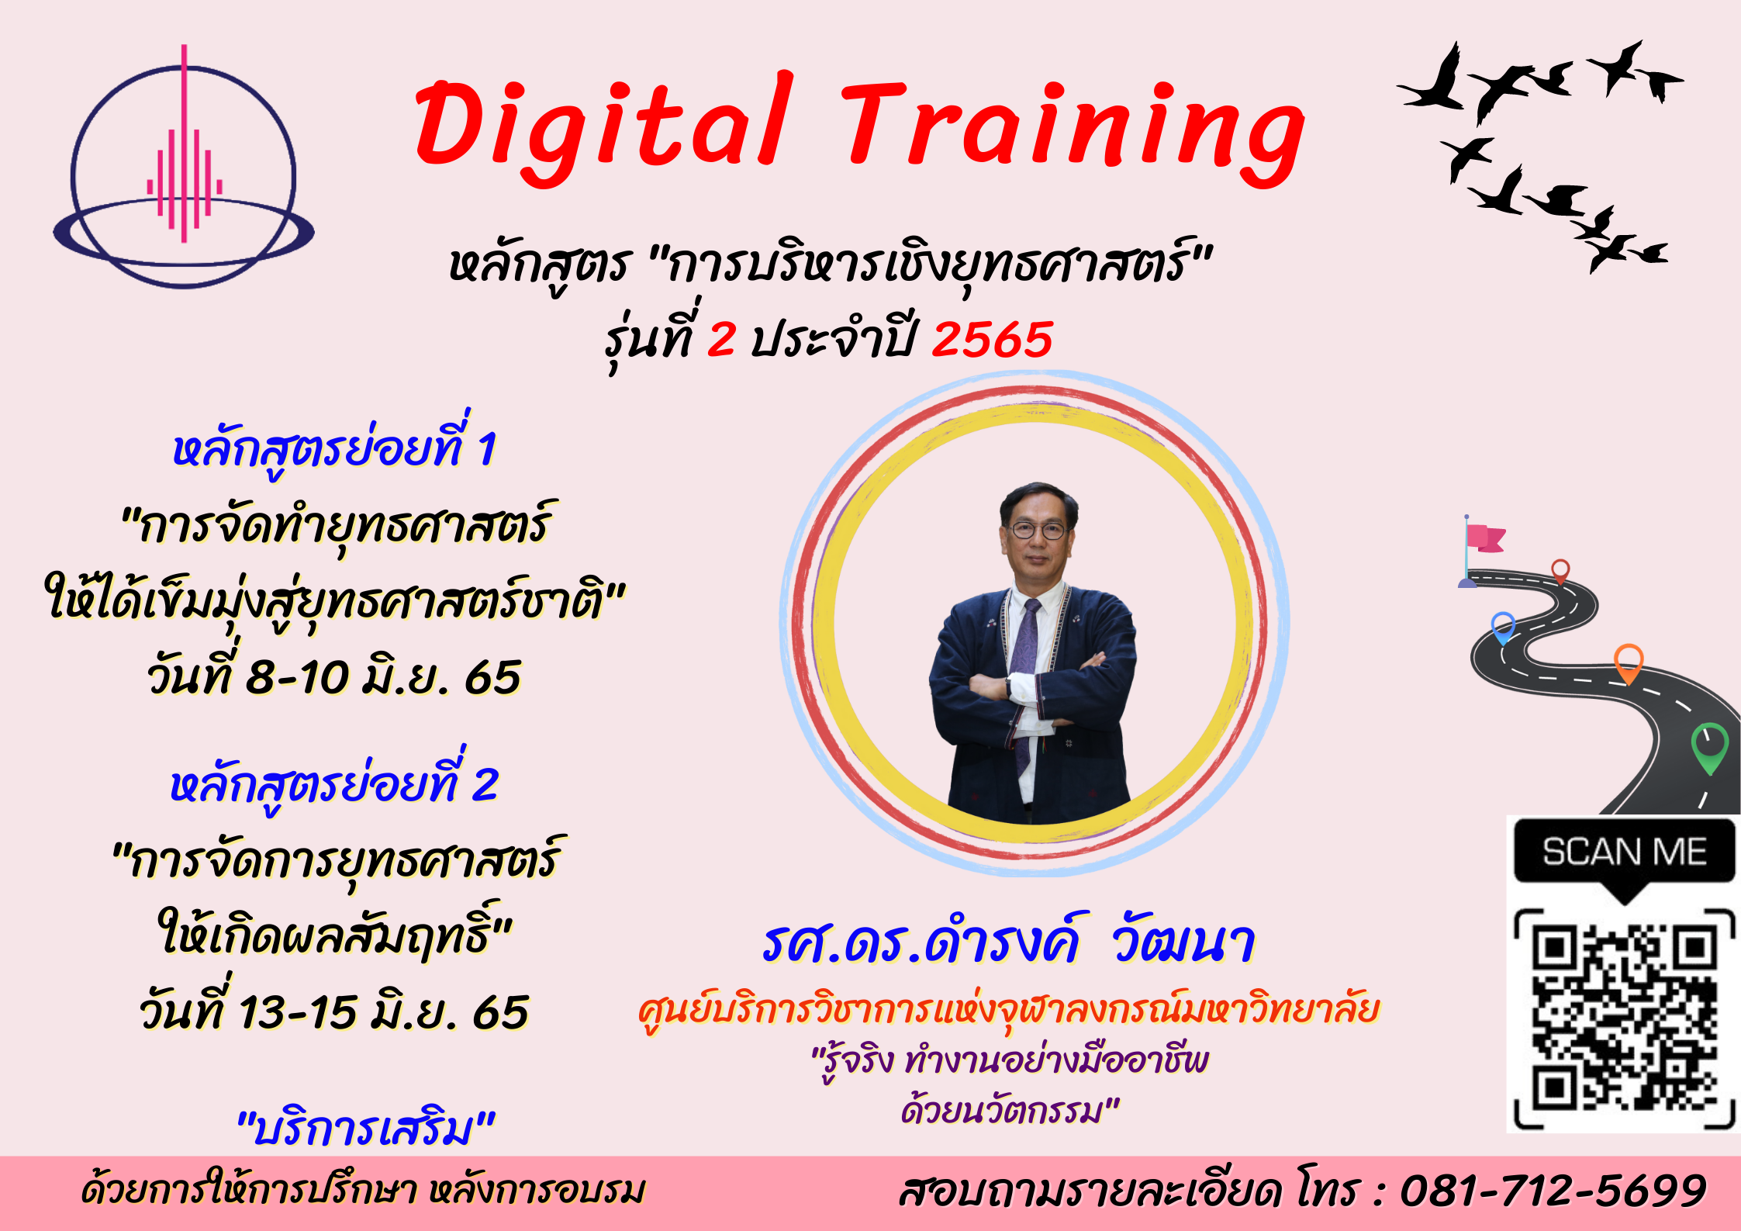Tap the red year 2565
tap(992, 340)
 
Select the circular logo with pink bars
tap(184, 167)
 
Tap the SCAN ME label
tap(1624, 852)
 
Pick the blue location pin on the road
tap(1503, 628)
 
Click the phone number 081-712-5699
tap(1553, 1191)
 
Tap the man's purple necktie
tap(1025, 683)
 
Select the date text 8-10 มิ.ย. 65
tap(383, 676)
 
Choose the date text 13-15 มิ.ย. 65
tap(383, 1012)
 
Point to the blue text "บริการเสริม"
tap(365, 1129)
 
